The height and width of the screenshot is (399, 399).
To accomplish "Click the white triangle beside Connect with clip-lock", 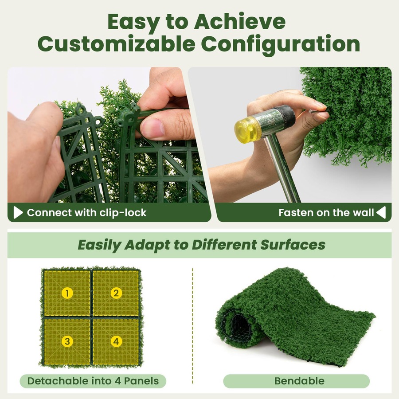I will click(18, 213).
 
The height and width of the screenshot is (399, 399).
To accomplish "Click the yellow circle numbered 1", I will click(67, 293).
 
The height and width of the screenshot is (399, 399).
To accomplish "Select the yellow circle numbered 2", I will click(116, 293).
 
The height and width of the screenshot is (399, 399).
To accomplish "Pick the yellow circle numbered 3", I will click(67, 341).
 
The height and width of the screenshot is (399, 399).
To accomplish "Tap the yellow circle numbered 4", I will click(116, 341).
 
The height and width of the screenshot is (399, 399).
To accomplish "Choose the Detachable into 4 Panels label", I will click(93, 381).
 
